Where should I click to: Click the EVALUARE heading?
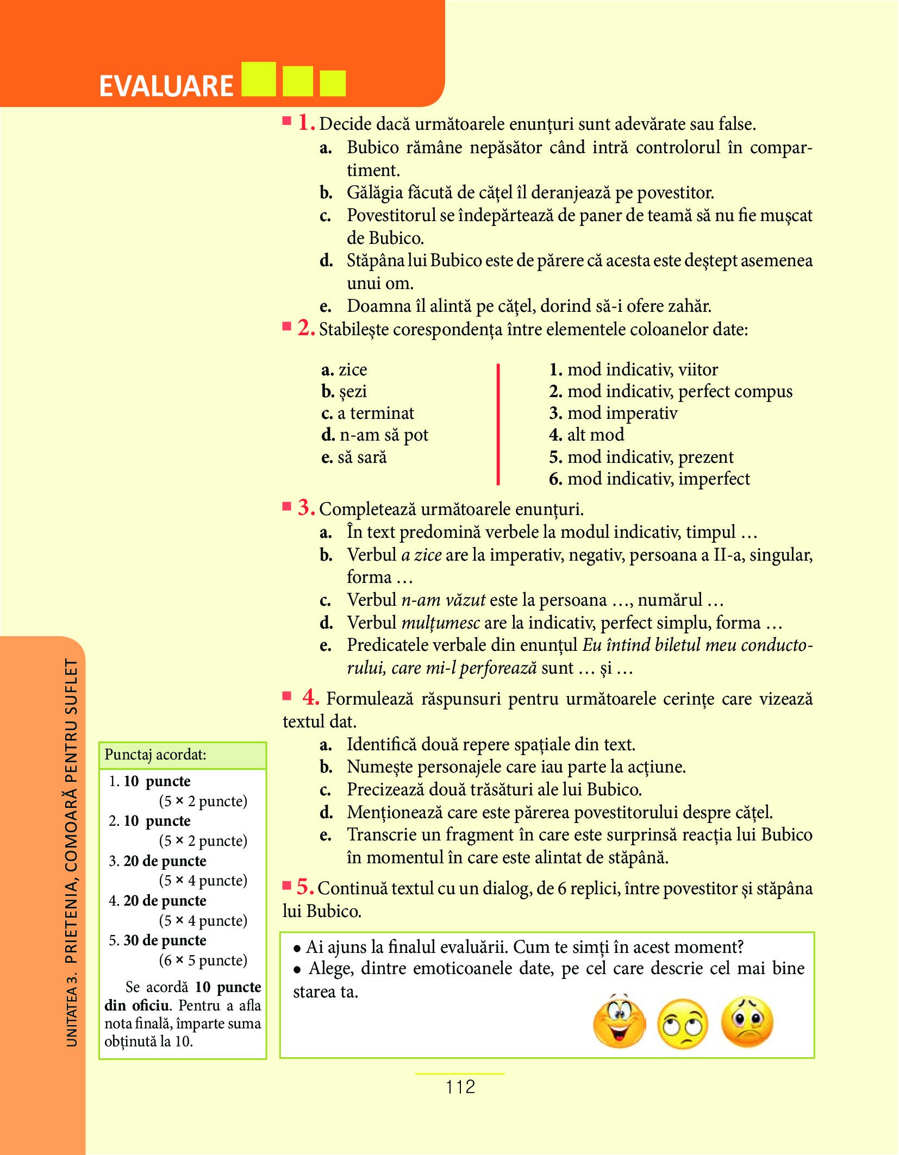(166, 86)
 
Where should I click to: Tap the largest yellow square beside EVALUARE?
(258, 80)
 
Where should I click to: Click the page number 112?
(460, 1087)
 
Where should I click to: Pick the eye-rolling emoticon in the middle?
(683, 1024)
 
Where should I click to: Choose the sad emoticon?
(747, 1021)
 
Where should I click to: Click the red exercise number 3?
(306, 507)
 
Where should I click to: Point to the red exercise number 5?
(305, 887)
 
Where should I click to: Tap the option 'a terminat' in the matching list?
(376, 413)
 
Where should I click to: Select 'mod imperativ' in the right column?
(622, 413)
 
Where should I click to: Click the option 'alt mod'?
(595, 435)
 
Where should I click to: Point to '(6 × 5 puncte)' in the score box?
(203, 960)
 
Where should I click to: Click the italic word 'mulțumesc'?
(440, 623)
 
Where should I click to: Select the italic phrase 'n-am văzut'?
(443, 600)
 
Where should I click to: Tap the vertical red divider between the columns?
(498, 424)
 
